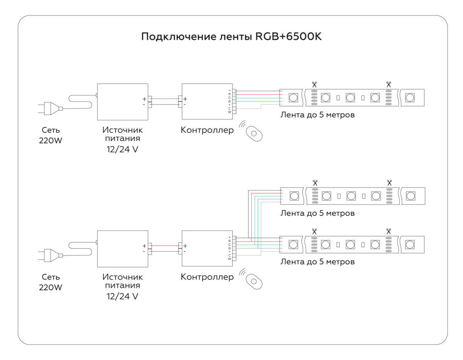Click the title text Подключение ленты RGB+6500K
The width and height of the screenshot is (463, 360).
231,37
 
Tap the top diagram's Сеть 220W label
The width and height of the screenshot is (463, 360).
50,135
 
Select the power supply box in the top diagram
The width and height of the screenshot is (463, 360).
122,102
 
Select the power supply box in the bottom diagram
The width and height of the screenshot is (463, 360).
122,248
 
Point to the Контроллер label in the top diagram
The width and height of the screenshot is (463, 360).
207,130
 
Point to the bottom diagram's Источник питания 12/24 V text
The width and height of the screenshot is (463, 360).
122,286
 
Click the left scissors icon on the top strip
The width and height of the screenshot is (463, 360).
314,84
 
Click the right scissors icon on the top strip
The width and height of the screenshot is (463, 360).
388,84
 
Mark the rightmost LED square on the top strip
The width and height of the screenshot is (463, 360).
409,97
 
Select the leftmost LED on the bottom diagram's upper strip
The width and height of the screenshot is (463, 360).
294,196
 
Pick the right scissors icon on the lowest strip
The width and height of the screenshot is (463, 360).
388,231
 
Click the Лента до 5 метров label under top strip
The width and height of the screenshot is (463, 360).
317,115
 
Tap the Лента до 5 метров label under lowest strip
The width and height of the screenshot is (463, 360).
317,262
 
